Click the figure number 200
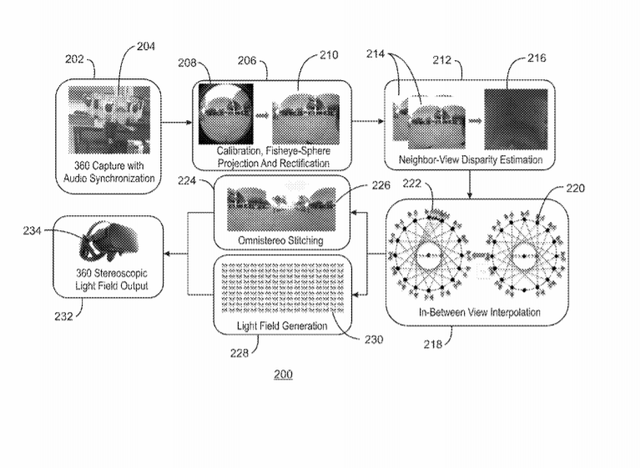point(283,375)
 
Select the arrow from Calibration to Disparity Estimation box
point(367,123)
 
